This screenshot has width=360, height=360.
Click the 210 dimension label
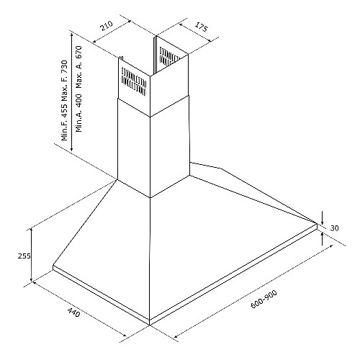107,26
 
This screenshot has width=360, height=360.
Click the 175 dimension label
200,27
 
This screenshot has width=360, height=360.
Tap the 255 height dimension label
24,256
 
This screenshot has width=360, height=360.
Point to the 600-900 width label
264,299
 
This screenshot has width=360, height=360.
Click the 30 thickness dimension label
334,228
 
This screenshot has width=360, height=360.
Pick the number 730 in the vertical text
64,66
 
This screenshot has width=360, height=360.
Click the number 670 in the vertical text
78,52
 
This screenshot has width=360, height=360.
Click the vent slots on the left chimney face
134,81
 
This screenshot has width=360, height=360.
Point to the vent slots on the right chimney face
169,57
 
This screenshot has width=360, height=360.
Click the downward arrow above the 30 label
323,217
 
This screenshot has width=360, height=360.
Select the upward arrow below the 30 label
322,238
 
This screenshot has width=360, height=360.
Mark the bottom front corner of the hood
150,325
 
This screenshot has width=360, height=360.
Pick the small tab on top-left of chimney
121,58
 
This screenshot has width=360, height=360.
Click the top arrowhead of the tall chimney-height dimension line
71,35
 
